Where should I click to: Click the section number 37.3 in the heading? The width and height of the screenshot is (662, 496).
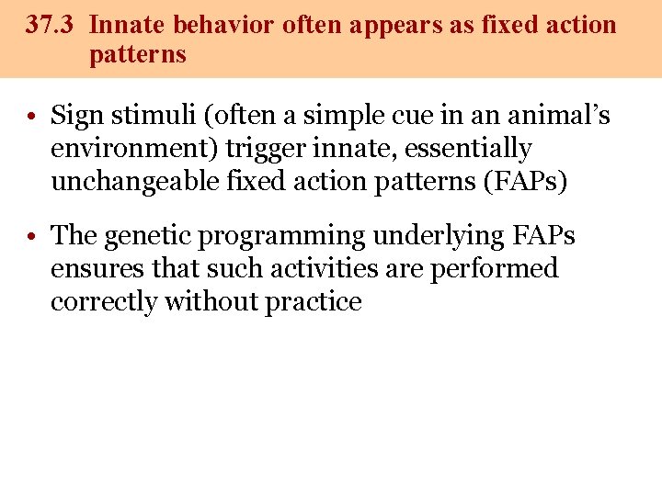point(51,25)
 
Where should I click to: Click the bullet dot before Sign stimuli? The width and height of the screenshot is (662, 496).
point(31,117)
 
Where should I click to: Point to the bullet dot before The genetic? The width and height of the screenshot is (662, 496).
point(31,237)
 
